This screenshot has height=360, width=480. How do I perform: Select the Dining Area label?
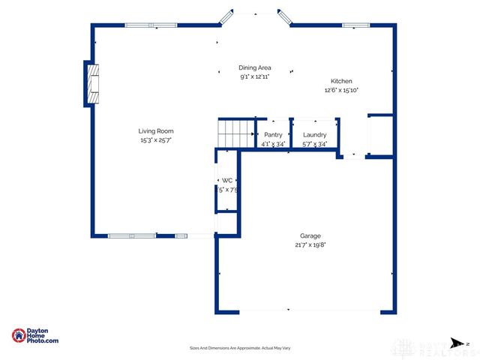pyautogui.click(x=254, y=67)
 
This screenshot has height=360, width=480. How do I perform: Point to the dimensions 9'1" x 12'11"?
pyautogui.click(x=254, y=76)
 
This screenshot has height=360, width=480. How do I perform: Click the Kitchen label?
pyautogui.click(x=341, y=81)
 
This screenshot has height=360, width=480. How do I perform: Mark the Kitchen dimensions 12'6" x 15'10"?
pyautogui.click(x=341, y=90)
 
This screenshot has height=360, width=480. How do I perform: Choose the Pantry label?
pyautogui.click(x=274, y=134)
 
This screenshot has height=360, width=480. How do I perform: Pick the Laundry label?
pyautogui.click(x=314, y=134)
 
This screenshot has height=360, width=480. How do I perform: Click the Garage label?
pyautogui.click(x=310, y=235)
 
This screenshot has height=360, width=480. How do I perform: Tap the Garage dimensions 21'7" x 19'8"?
pyautogui.click(x=310, y=244)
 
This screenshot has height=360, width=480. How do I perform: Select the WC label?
pyautogui.click(x=226, y=180)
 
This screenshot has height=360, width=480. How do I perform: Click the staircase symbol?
pyautogui.click(x=235, y=133)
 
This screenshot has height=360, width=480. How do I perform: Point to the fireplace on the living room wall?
pyautogui.click(x=90, y=83)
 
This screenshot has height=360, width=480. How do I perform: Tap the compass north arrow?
pyautogui.click(x=455, y=343)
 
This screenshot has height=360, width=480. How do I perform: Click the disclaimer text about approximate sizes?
pyautogui.click(x=240, y=348)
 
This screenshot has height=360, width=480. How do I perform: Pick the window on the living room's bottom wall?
pyautogui.click(x=132, y=236)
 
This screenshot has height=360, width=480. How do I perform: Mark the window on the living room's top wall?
pyautogui.click(x=151, y=25)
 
